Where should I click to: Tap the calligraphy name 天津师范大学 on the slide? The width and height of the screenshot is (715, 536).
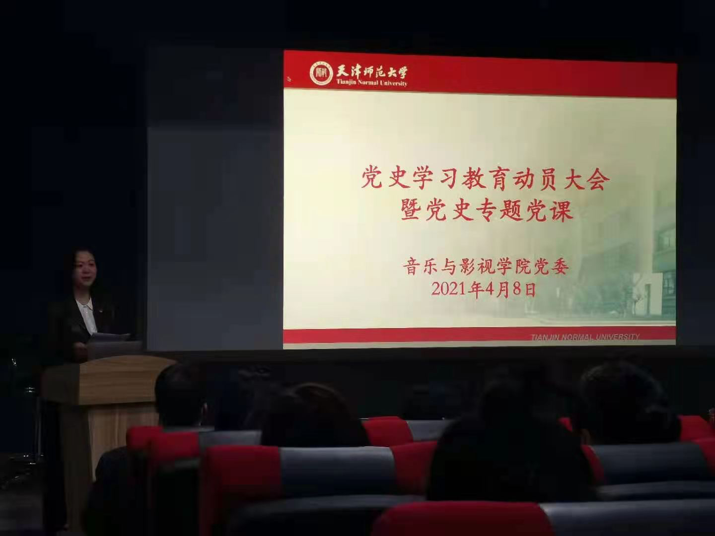coord(372,71)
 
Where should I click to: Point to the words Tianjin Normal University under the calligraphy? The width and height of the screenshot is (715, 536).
coord(372,83)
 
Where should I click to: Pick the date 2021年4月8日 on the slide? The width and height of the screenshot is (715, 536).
coord(484,289)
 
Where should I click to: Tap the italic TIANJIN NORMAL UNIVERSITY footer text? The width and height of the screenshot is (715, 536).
coord(585,337)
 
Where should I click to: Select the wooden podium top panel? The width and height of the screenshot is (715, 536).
coord(107,380)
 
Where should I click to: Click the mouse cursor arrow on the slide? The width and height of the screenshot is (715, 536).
coord(289,78)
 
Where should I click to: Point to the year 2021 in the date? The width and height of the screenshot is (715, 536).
coord(449,289)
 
